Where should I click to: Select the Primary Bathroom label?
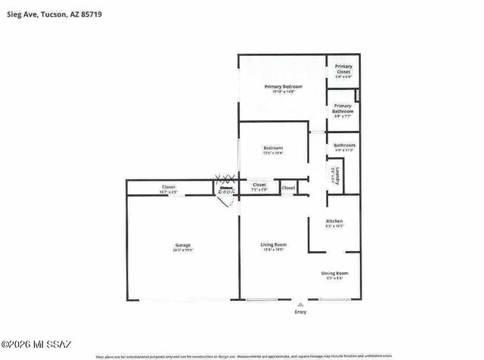(x=343, y=108)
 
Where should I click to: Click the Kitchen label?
(x=334, y=221)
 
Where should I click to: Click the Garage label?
(x=182, y=245)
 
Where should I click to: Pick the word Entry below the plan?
(x=300, y=312)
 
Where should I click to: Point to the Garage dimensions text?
(x=182, y=250)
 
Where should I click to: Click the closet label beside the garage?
(x=169, y=187)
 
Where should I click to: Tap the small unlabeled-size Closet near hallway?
(x=288, y=187)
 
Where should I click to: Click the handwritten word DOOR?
(x=225, y=193)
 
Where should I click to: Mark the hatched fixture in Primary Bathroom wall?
(x=357, y=96)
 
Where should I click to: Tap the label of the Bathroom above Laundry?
(x=344, y=145)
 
